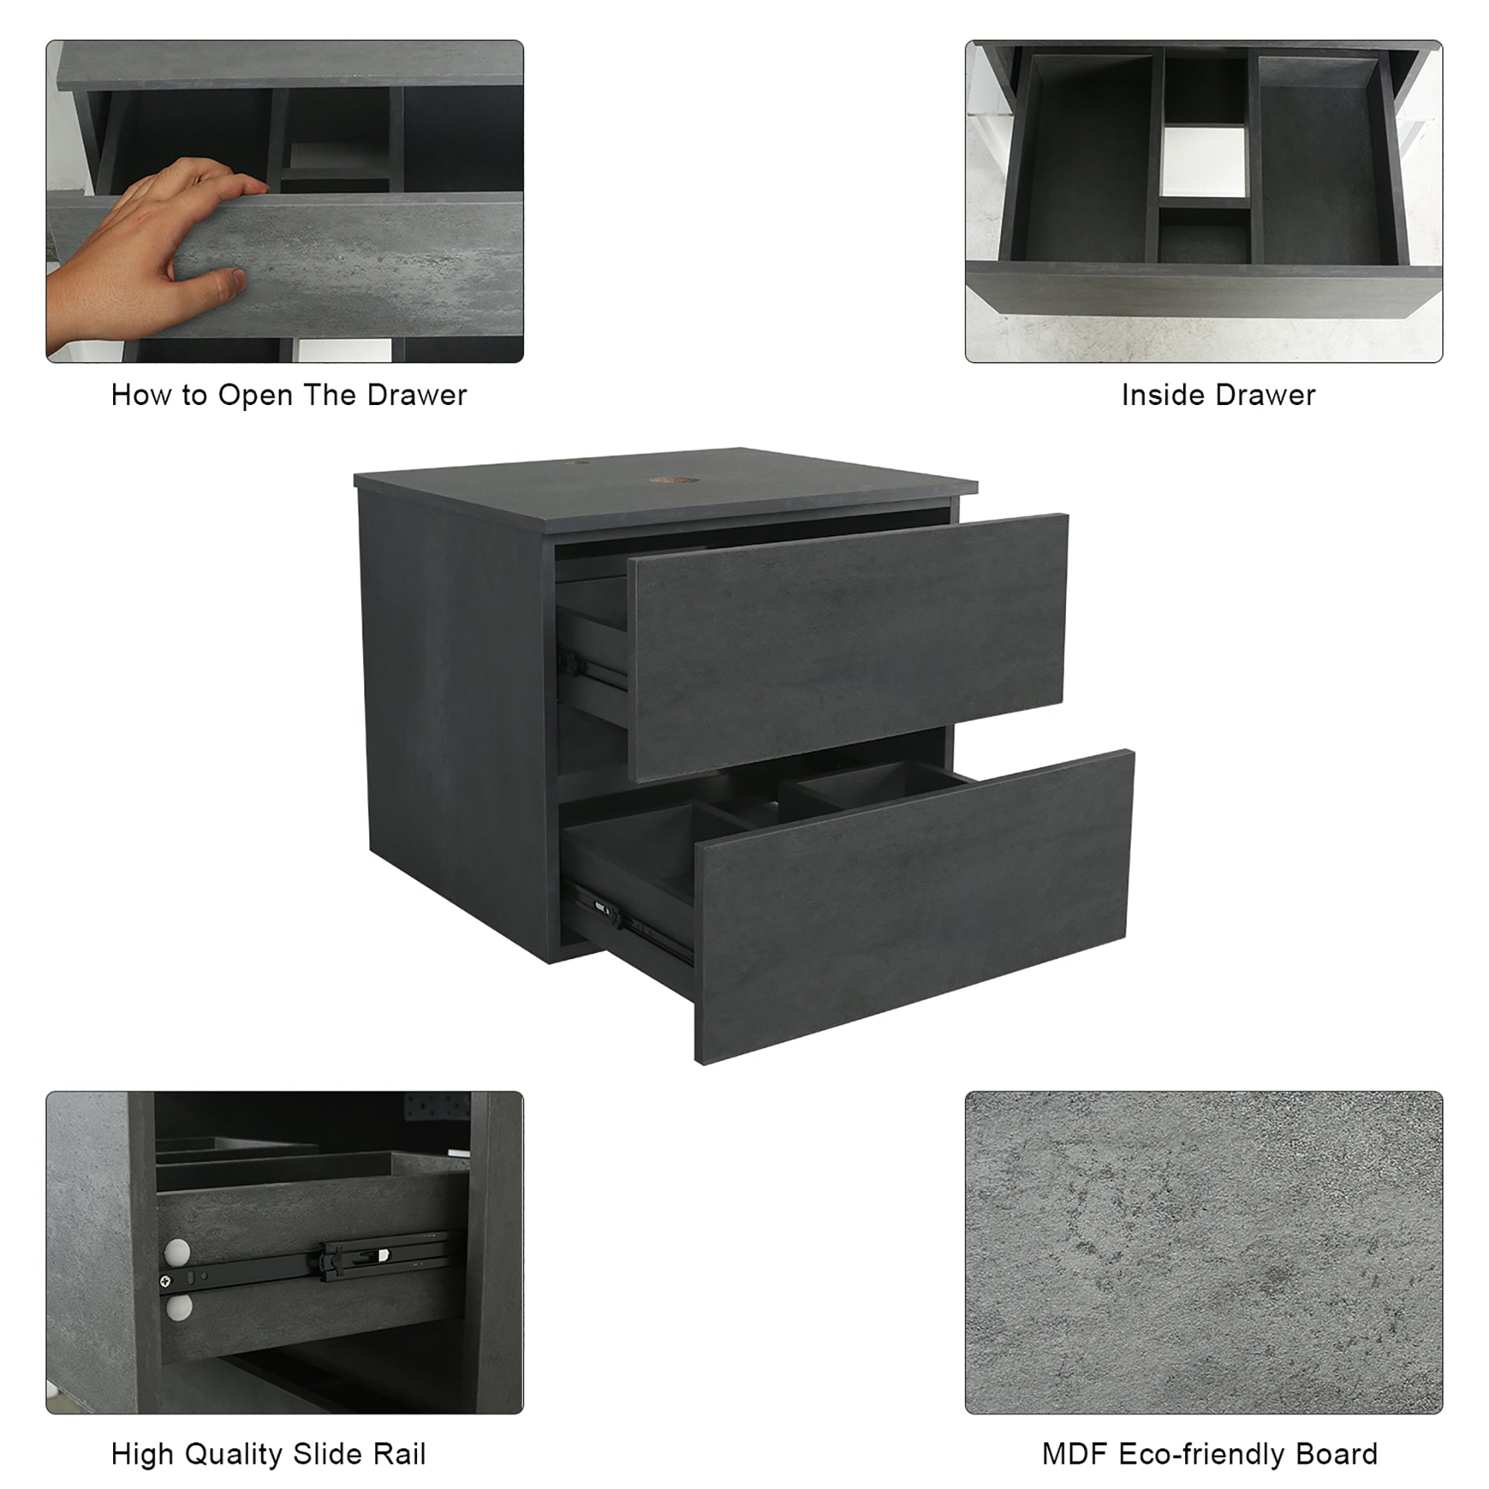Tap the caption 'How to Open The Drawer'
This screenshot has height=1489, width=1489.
(x=289, y=395)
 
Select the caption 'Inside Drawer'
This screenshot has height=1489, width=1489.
(x=1219, y=395)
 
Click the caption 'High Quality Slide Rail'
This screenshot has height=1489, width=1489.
(x=268, y=1454)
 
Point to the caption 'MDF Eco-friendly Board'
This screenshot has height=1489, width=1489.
(x=1209, y=1454)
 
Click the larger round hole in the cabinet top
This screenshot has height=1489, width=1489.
(x=675, y=480)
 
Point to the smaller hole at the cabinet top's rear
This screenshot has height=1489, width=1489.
(x=577, y=462)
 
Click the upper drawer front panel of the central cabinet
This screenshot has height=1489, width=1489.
(x=848, y=648)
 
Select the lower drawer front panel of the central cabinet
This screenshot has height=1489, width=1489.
(x=914, y=906)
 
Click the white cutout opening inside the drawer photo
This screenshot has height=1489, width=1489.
(x=1204, y=168)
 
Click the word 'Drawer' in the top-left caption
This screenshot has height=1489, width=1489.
(x=417, y=395)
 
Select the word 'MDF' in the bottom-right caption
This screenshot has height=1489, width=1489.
(x=1074, y=1454)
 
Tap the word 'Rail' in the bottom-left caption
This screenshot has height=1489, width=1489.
(x=399, y=1454)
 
